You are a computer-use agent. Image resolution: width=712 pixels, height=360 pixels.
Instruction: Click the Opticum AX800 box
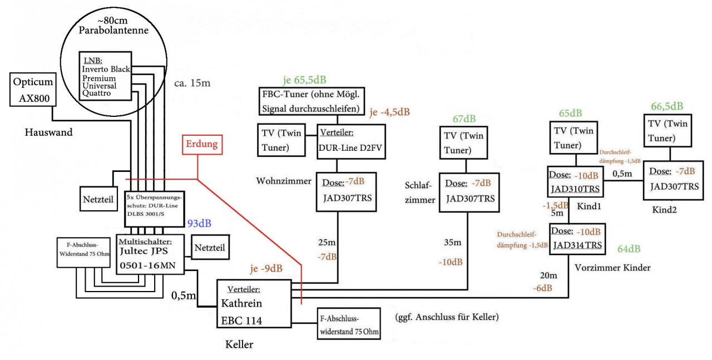(31, 91)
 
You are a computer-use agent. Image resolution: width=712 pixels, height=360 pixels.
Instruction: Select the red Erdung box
(203, 145)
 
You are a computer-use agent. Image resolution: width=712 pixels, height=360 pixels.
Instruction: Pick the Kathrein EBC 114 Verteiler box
(254, 305)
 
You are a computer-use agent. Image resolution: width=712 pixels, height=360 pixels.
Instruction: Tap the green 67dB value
(464, 120)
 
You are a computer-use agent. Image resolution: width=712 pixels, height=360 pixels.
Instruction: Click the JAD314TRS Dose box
(576, 239)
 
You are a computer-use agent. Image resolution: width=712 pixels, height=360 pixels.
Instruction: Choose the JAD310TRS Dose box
(575, 182)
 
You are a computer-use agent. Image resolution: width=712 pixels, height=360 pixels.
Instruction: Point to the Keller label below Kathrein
(239, 345)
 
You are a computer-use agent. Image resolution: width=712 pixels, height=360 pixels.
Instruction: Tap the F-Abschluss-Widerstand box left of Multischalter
(86, 253)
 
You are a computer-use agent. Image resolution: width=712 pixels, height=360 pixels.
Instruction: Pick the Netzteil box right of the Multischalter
(209, 248)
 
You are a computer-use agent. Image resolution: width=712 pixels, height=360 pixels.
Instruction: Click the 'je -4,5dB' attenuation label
(389, 112)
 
